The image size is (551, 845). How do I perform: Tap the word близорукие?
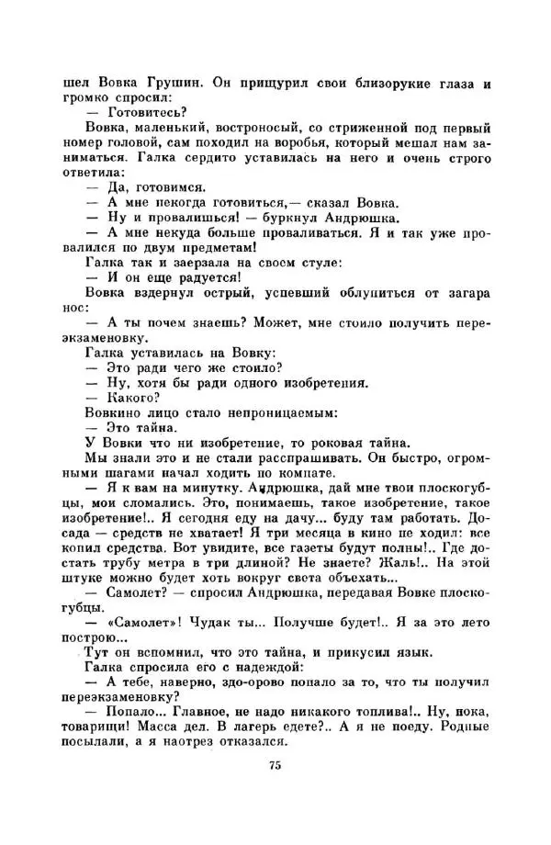(x=378, y=83)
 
